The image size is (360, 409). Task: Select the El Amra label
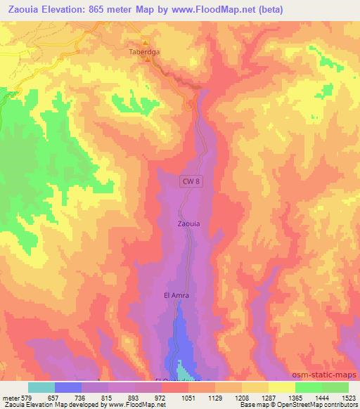[x=176, y=296]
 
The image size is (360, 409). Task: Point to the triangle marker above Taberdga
[x=146, y=41]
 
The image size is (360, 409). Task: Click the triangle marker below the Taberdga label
[x=147, y=60]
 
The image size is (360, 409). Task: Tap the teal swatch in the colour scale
[x=41, y=387]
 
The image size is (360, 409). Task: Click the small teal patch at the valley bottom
[x=184, y=369]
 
